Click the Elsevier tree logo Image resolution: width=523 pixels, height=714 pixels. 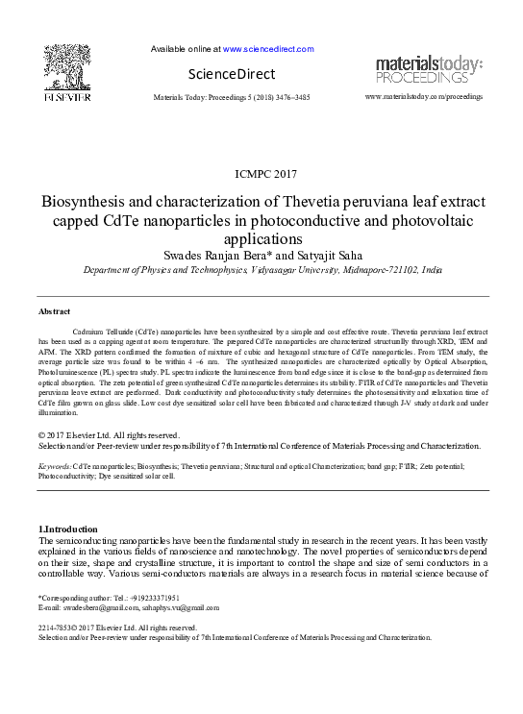[66, 68]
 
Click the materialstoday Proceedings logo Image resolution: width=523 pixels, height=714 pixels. [429, 69]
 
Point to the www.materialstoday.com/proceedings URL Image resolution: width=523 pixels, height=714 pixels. [424, 97]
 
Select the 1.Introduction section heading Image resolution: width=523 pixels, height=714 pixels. [67, 529]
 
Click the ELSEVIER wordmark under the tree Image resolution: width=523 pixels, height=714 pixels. [66, 97]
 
